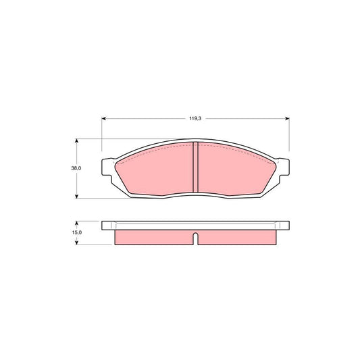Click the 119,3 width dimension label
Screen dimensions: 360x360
[x=195, y=118]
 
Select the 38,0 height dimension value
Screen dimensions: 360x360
[x=77, y=168]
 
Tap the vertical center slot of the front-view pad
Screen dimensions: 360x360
[x=195, y=168]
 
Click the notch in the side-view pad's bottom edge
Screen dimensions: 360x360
[x=195, y=238]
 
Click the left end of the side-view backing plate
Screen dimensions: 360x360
[x=105, y=226]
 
